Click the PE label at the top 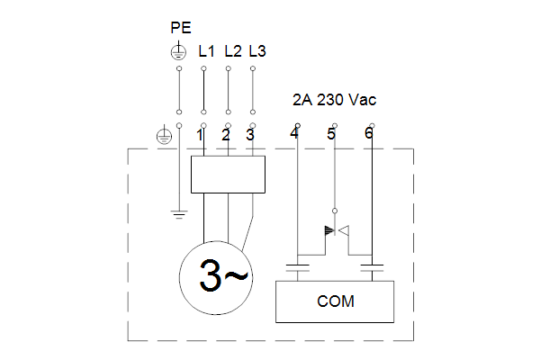[181, 28]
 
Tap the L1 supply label [206, 51]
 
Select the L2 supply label [233, 51]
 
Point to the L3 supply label [257, 51]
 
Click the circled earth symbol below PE [179, 51]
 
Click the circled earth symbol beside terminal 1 [165, 136]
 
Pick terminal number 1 [200, 135]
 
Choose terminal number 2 [226, 135]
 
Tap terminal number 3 [250, 135]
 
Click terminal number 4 [294, 133]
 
